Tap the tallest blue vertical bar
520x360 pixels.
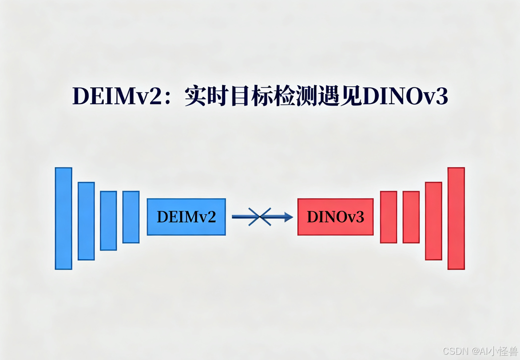[x=64, y=218]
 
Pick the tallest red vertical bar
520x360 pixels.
[x=456, y=218]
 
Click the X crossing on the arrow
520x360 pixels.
[x=260, y=217]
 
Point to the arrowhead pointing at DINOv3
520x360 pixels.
[x=289, y=217]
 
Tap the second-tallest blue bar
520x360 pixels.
[x=86, y=221]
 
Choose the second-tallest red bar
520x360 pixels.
[x=433, y=221]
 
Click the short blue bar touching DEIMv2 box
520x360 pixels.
[x=131, y=217]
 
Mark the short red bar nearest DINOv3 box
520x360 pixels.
[x=389, y=217]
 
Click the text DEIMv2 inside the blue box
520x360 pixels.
[x=187, y=216]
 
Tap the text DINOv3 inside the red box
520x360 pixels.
[x=335, y=216]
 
